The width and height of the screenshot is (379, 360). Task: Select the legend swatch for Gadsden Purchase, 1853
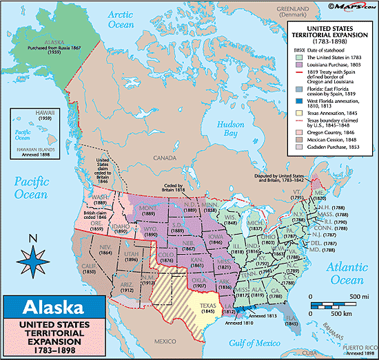(293, 166)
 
